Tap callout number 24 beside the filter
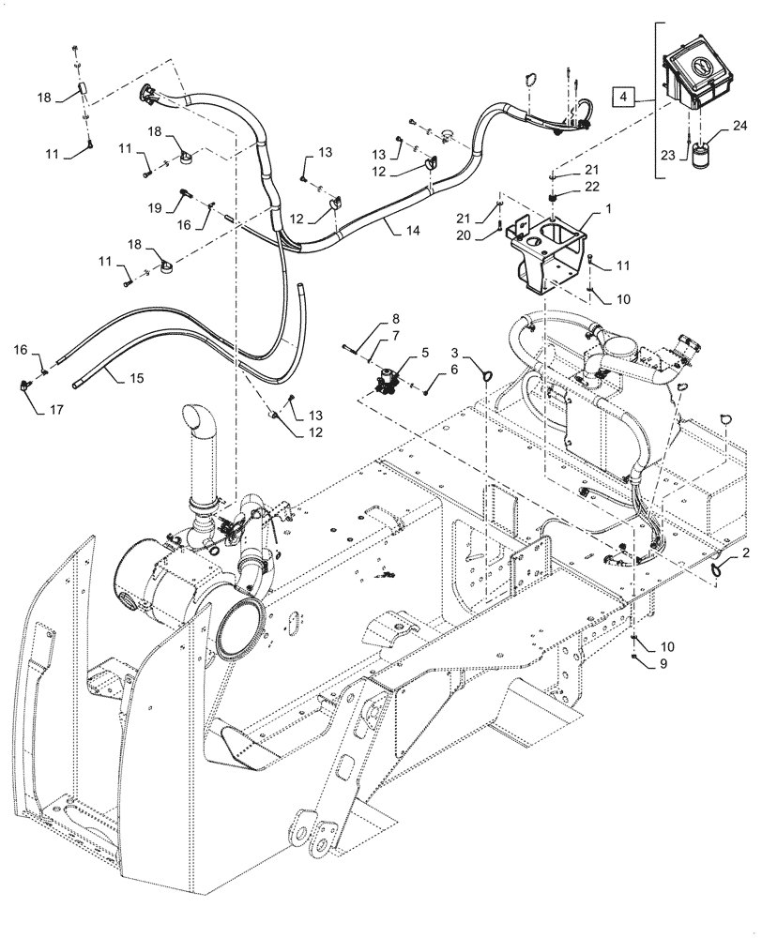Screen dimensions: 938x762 [739, 125]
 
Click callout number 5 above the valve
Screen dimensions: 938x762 [424, 353]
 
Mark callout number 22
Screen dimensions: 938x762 [589, 186]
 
